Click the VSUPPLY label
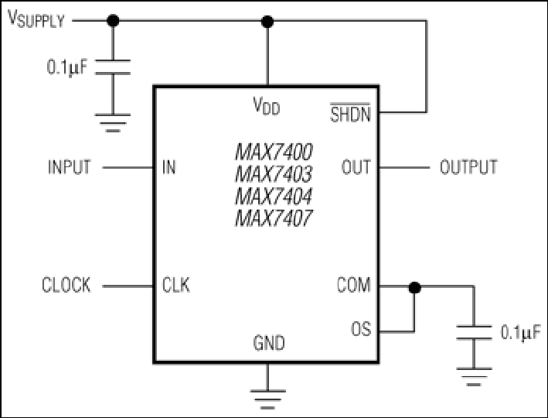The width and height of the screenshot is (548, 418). coord(37,19)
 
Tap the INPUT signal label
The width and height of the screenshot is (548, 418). coord(69,166)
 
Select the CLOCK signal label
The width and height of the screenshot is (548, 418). coord(66,286)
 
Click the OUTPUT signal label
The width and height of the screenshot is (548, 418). coord(468,166)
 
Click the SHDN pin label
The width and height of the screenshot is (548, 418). coord(350,115)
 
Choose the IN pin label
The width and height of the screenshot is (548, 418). coord(168,166)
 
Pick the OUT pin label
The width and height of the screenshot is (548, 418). coord(356,166)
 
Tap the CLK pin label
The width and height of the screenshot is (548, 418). coord(176,286)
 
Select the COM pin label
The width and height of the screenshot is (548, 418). coord(353,286)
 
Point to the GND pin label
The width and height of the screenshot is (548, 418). coord(268,343)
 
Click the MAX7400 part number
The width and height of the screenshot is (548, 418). coord(274,150)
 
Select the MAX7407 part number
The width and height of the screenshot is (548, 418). coord(274,218)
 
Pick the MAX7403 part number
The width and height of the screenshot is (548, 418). coord(274,173)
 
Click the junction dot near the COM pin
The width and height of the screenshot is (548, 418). coord(414,287)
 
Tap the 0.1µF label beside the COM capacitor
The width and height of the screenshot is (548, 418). coord(519,334)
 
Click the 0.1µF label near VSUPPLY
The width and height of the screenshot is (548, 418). coord(68,67)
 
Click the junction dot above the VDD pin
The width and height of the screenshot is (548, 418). coord(268,21)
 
